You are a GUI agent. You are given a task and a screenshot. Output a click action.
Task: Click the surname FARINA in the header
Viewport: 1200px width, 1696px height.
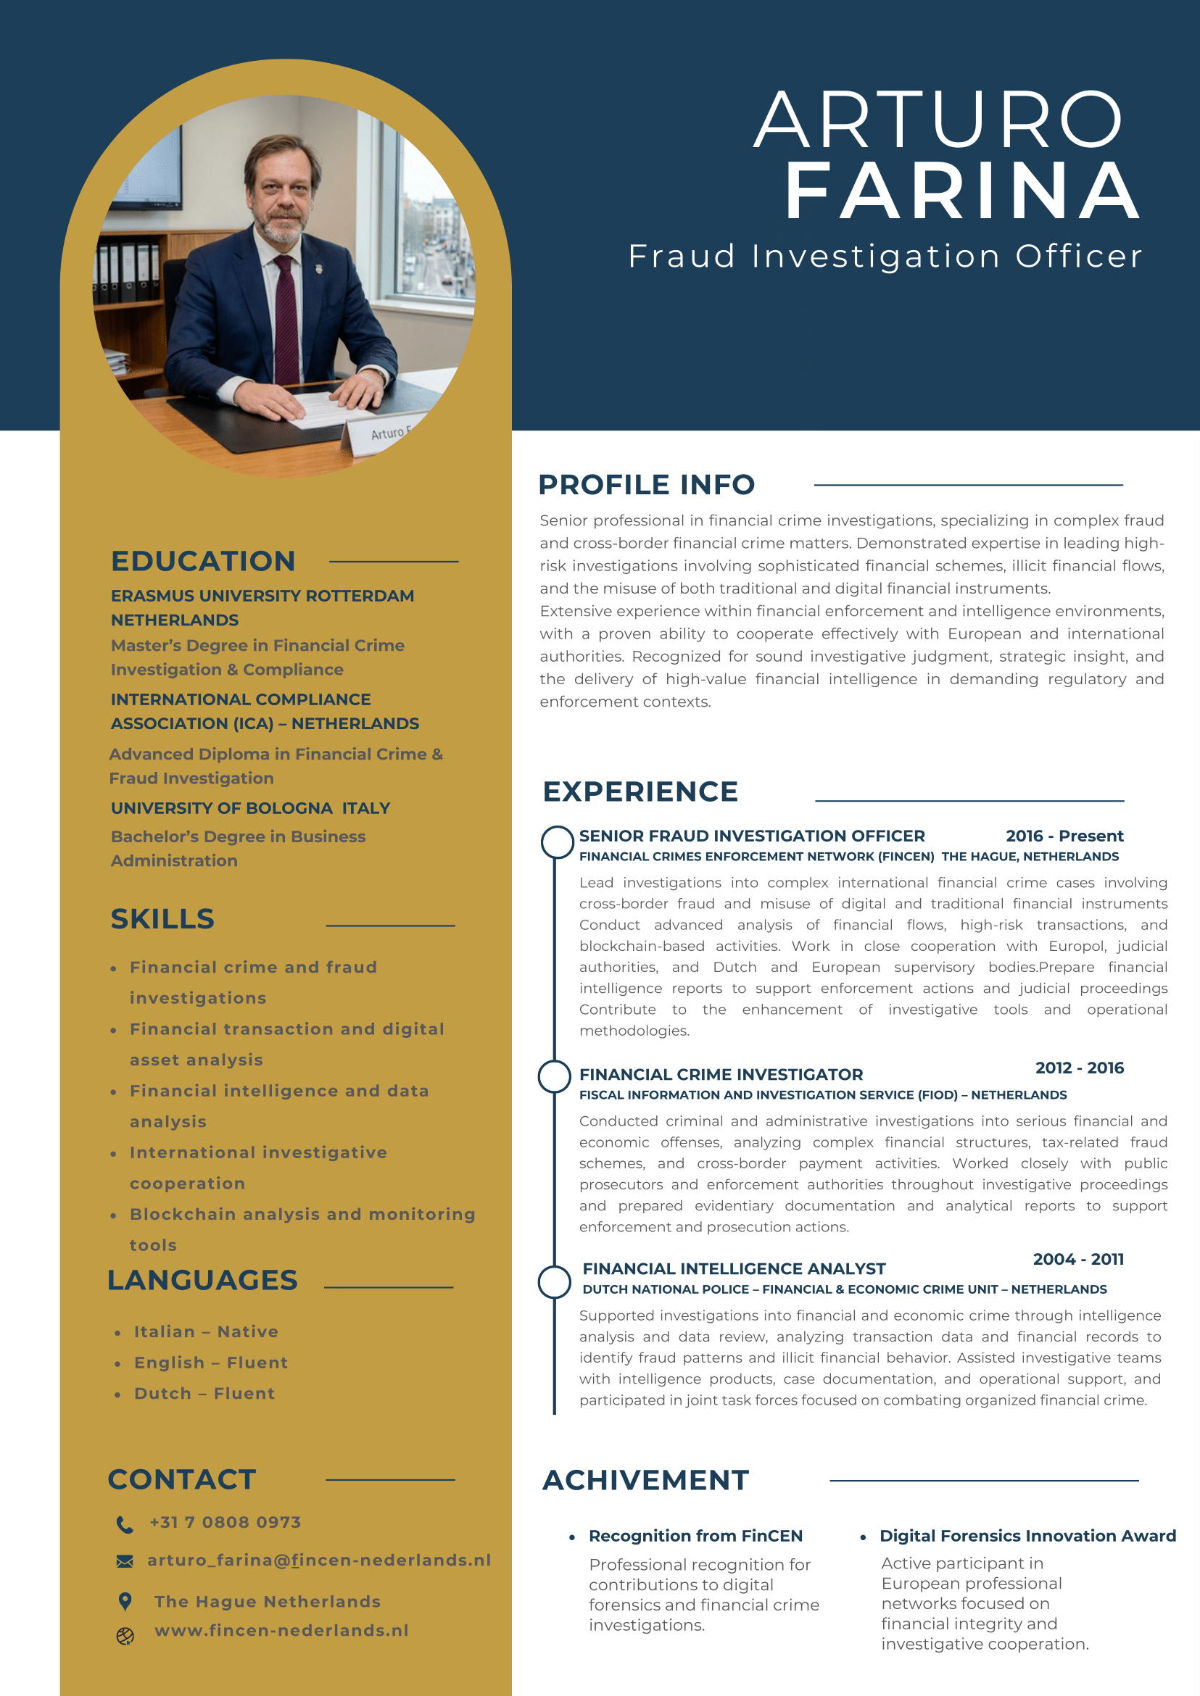pos(962,192)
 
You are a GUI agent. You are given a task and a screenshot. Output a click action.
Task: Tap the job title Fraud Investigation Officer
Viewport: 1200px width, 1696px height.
pos(885,257)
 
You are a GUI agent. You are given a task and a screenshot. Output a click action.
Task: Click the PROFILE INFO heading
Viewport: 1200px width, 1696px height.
pos(646,485)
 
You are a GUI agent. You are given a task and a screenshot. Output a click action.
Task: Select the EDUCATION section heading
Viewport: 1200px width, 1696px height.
pos(203,562)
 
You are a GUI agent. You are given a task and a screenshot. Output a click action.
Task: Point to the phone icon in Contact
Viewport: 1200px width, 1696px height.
pos(125,1524)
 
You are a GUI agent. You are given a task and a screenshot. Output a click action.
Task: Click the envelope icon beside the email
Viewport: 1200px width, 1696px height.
pos(125,1560)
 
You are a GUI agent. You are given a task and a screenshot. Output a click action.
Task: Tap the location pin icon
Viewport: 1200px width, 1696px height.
pos(125,1601)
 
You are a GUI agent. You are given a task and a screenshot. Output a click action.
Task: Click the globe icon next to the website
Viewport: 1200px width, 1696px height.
pos(125,1635)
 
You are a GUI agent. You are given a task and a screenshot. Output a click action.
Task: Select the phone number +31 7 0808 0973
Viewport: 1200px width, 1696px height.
pos(225,1522)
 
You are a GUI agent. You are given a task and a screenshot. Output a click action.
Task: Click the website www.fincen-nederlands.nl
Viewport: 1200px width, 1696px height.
pos(281,1630)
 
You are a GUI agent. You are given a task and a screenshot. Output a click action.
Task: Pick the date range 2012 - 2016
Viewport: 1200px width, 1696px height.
pos(1079,1068)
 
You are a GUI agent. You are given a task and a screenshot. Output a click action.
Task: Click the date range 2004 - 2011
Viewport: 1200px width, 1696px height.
pos(1078,1259)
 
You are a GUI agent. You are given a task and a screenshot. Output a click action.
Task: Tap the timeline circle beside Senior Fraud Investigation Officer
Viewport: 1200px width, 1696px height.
pos(557,842)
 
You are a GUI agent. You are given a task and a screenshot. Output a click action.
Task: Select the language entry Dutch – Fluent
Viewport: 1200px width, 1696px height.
pos(204,1393)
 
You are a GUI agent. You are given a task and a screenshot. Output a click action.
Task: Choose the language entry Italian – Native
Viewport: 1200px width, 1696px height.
pos(206,1331)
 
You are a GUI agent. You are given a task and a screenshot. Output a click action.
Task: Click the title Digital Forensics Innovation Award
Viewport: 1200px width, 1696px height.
pos(1027,1536)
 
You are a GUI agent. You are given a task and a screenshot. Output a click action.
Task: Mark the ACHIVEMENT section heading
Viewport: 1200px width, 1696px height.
pos(645,1480)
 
